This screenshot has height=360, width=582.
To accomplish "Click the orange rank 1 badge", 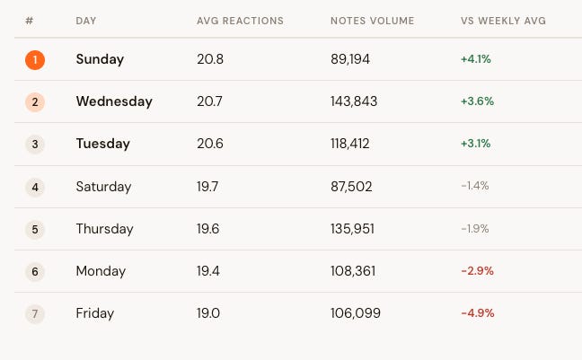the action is pyautogui.click(x=35, y=60).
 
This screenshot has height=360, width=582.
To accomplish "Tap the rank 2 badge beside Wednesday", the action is pyautogui.click(x=35, y=102).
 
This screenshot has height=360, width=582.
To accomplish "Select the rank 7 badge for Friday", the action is pyautogui.click(x=35, y=314).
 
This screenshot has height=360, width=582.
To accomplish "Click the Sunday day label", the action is pyautogui.click(x=100, y=59).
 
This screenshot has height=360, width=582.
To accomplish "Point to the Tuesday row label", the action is pyautogui.click(x=102, y=144).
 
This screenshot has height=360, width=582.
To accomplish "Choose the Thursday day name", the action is pyautogui.click(x=104, y=229).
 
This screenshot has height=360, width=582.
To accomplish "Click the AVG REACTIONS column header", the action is pyautogui.click(x=240, y=21).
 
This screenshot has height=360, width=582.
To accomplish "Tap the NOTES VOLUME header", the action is pyautogui.click(x=373, y=21).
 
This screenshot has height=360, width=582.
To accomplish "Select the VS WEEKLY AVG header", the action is pyautogui.click(x=503, y=21).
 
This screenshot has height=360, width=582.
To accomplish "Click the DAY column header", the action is pyautogui.click(x=85, y=21).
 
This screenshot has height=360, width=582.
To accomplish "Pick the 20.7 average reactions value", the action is pyautogui.click(x=209, y=101).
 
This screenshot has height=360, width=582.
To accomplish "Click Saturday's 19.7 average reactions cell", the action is pyautogui.click(x=207, y=187).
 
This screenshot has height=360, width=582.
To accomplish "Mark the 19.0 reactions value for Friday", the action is pyautogui.click(x=208, y=313).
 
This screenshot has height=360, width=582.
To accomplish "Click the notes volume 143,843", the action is pyautogui.click(x=354, y=101).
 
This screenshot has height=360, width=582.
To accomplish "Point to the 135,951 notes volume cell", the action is pyautogui.click(x=352, y=229).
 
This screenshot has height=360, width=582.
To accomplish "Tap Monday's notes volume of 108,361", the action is pyautogui.click(x=353, y=271).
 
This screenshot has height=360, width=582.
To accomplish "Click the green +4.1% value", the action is pyautogui.click(x=476, y=59).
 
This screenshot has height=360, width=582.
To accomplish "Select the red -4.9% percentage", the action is pyautogui.click(x=478, y=313).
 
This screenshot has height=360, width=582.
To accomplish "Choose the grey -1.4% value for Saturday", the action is pyautogui.click(x=475, y=186).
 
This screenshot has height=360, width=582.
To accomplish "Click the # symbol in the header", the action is pyautogui.click(x=30, y=21).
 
